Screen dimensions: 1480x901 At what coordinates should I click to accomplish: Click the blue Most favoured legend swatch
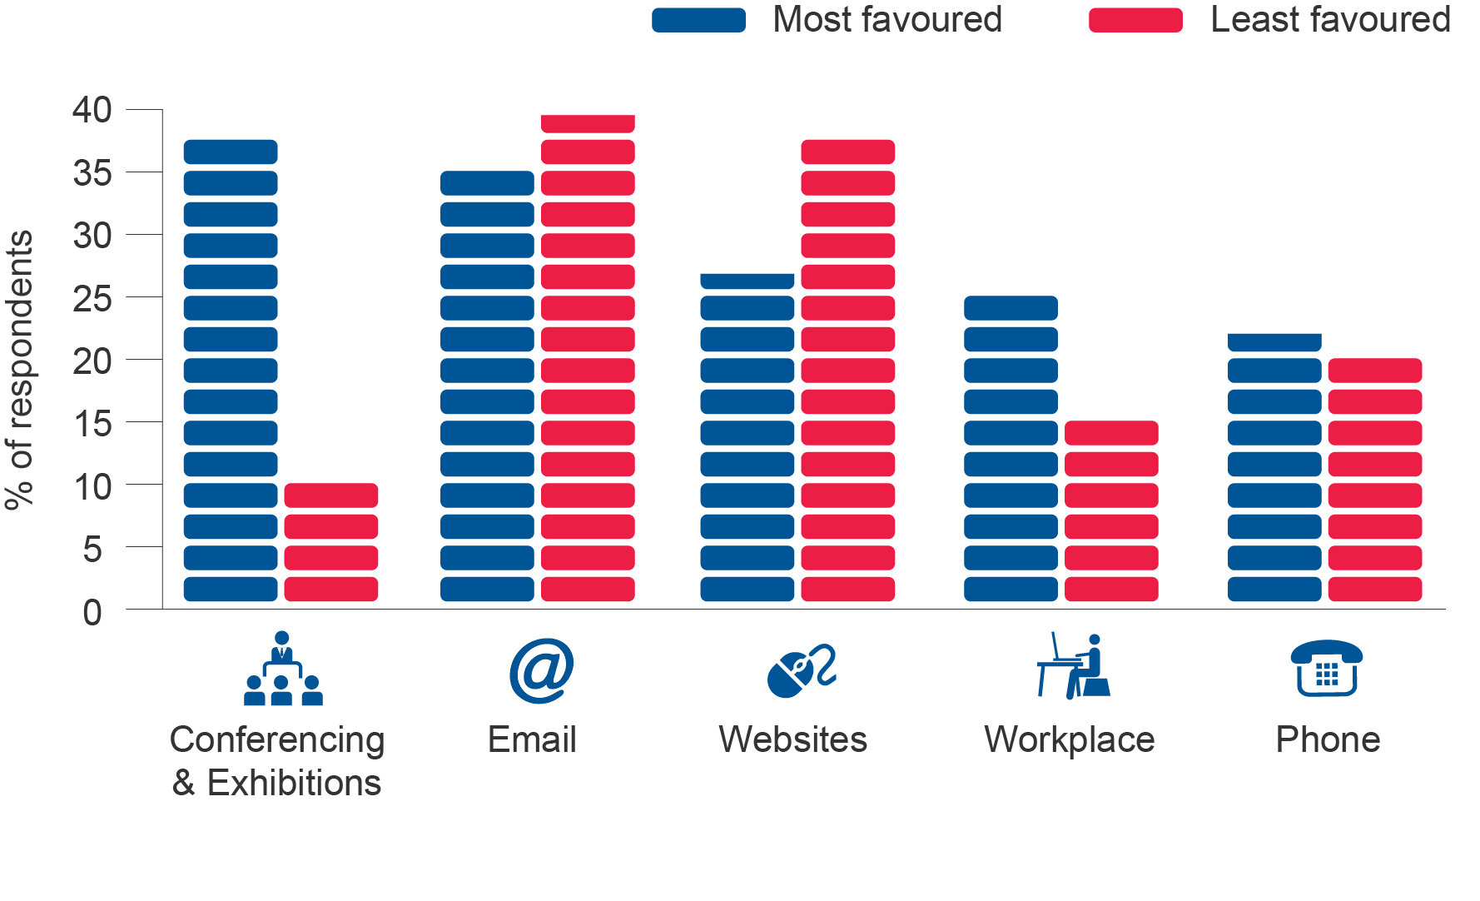coord(698,20)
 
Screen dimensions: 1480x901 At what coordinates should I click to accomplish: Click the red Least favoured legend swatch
coord(1135,20)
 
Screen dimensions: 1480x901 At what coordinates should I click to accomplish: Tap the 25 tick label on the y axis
coord(92,298)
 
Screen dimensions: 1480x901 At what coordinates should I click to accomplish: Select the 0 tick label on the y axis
coord(92,613)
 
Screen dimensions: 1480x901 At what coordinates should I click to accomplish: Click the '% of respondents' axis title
coord(19,370)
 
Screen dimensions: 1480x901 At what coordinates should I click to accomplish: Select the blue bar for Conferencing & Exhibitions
coord(231,371)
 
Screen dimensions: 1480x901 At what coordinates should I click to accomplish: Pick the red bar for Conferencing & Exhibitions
coord(331,542)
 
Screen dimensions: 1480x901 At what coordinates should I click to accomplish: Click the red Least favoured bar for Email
coord(588,358)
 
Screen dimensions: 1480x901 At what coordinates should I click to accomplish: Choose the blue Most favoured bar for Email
coord(487,386)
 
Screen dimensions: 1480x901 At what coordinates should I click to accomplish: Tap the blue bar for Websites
coord(747,437)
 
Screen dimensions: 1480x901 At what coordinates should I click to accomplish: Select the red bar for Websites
coord(848,371)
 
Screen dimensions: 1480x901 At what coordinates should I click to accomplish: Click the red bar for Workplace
coord(1111,511)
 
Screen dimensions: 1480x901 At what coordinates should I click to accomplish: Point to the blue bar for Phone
coord(1274,467)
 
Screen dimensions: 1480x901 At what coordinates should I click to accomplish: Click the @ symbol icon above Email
coord(542,670)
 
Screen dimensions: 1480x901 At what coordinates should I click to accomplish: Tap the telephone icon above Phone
coord(1327,668)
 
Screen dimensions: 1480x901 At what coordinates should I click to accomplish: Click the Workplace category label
coord(1070,739)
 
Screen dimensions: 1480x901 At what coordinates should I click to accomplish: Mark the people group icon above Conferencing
coord(283,668)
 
